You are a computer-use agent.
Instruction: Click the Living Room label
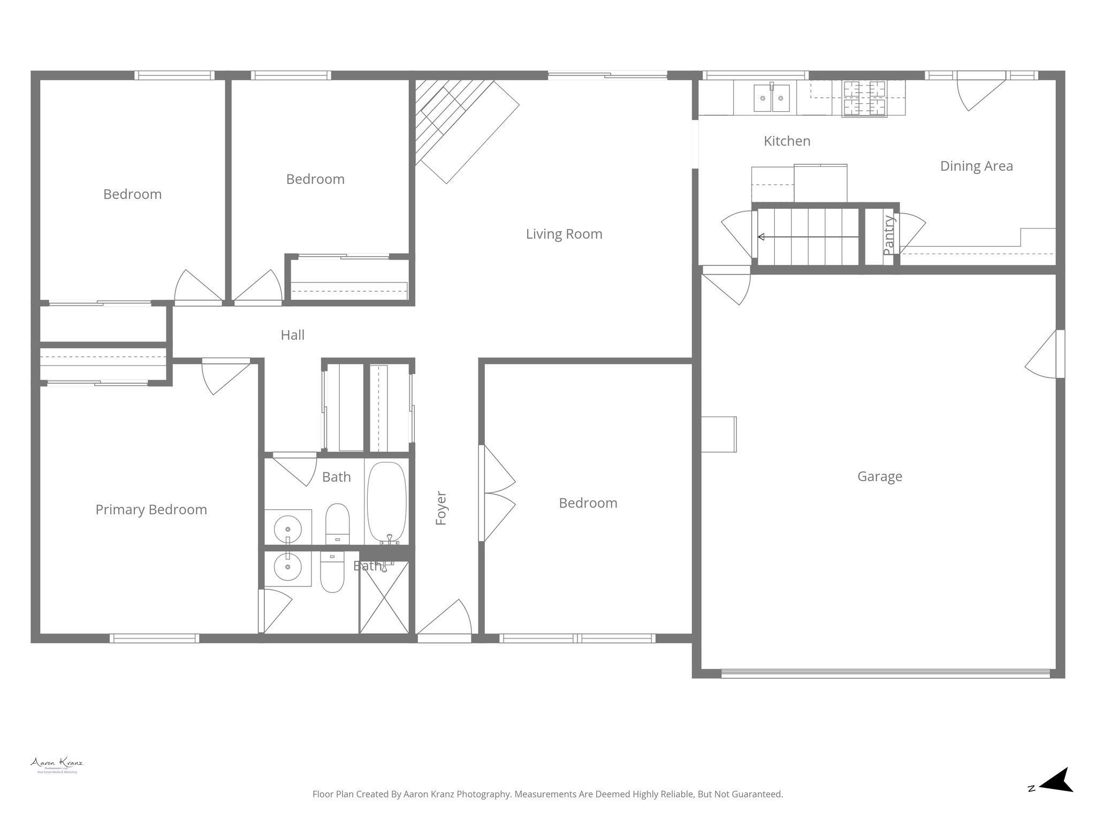pyautogui.click(x=564, y=234)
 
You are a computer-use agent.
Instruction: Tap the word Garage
pyautogui.click(x=879, y=476)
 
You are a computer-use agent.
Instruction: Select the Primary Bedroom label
pyautogui.click(x=151, y=509)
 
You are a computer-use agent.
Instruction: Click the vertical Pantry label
pyautogui.click(x=888, y=235)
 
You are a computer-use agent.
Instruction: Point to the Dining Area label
pyautogui.click(x=976, y=166)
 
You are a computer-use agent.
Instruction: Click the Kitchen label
pyautogui.click(x=787, y=141)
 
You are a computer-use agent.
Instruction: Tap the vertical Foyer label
pyautogui.click(x=441, y=508)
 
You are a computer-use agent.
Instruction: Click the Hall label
pyautogui.click(x=292, y=335)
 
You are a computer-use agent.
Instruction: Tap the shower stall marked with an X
pyautogui.click(x=384, y=597)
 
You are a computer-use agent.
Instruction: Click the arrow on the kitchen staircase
pyautogui.click(x=808, y=237)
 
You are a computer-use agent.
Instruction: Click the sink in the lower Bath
pyautogui.click(x=288, y=567)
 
